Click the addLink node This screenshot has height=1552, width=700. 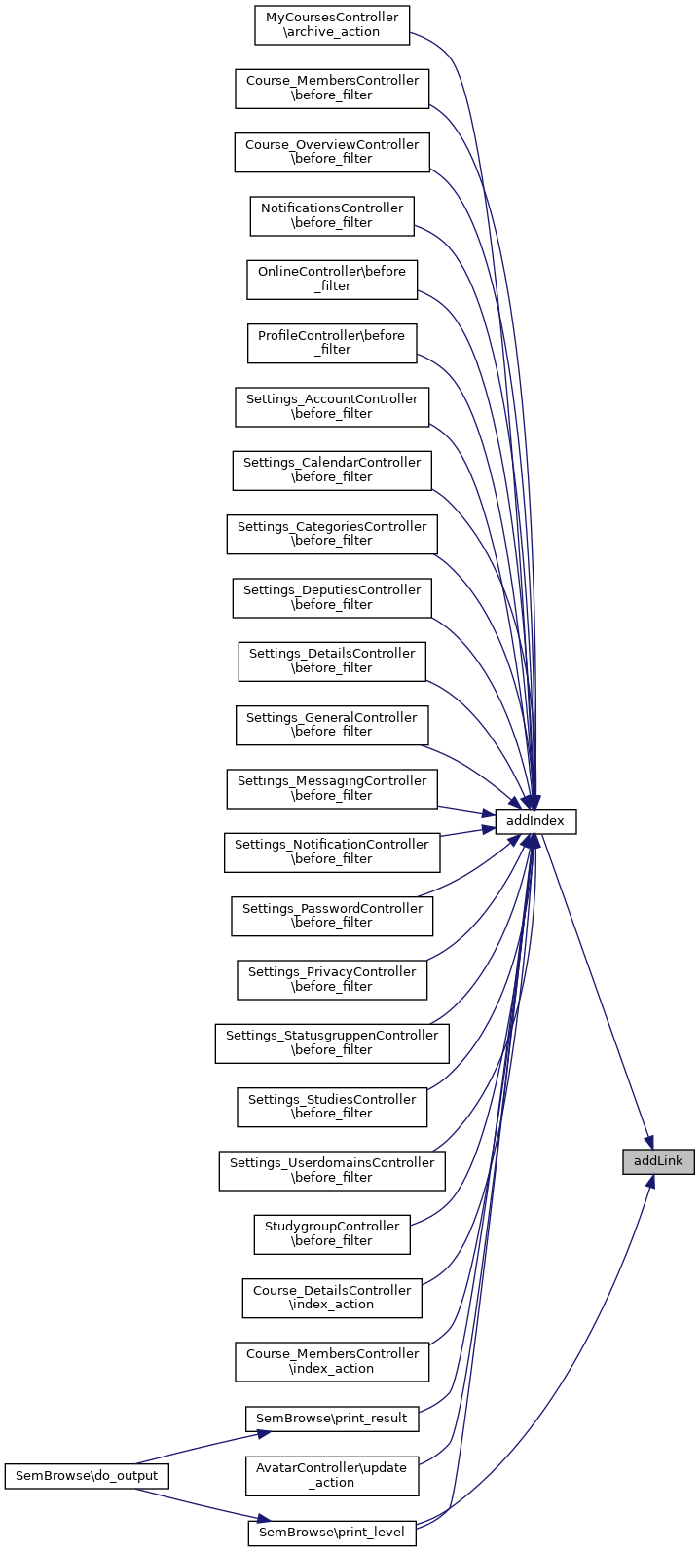point(658,1161)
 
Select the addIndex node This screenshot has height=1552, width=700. point(535,821)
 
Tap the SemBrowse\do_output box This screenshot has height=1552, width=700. point(87,1476)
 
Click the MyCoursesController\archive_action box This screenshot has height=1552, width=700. point(332,24)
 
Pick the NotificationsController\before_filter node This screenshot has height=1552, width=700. point(332,215)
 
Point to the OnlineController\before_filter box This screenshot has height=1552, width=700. point(332,279)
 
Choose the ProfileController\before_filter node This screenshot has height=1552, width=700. point(332,343)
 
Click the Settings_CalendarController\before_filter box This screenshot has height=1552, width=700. point(332,470)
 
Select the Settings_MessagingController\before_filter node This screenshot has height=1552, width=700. point(332,788)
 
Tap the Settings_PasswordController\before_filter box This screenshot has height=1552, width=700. point(332,916)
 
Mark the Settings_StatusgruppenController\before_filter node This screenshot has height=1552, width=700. point(332,1042)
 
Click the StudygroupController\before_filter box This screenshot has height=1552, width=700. point(332,1233)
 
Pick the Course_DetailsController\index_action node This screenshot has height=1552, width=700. point(332,1298)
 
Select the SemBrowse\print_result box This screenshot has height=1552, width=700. point(332,1419)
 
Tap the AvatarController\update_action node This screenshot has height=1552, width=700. point(332,1475)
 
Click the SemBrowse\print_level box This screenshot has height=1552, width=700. point(332,1533)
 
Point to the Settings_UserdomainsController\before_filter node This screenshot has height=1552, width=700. point(332,1170)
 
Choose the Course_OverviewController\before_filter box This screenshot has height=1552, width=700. point(332,152)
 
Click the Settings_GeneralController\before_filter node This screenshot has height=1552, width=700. point(332,725)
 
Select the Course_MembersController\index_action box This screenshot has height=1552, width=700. point(332,1361)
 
